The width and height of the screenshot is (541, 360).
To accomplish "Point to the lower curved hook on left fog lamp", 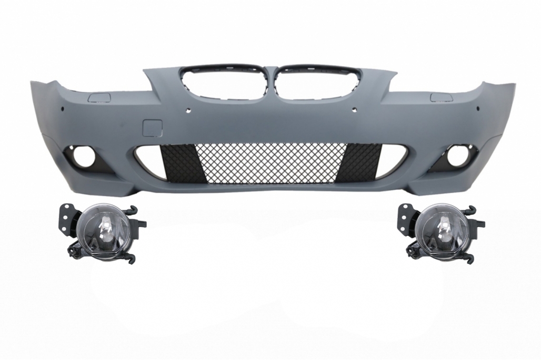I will (x=128, y=257).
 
